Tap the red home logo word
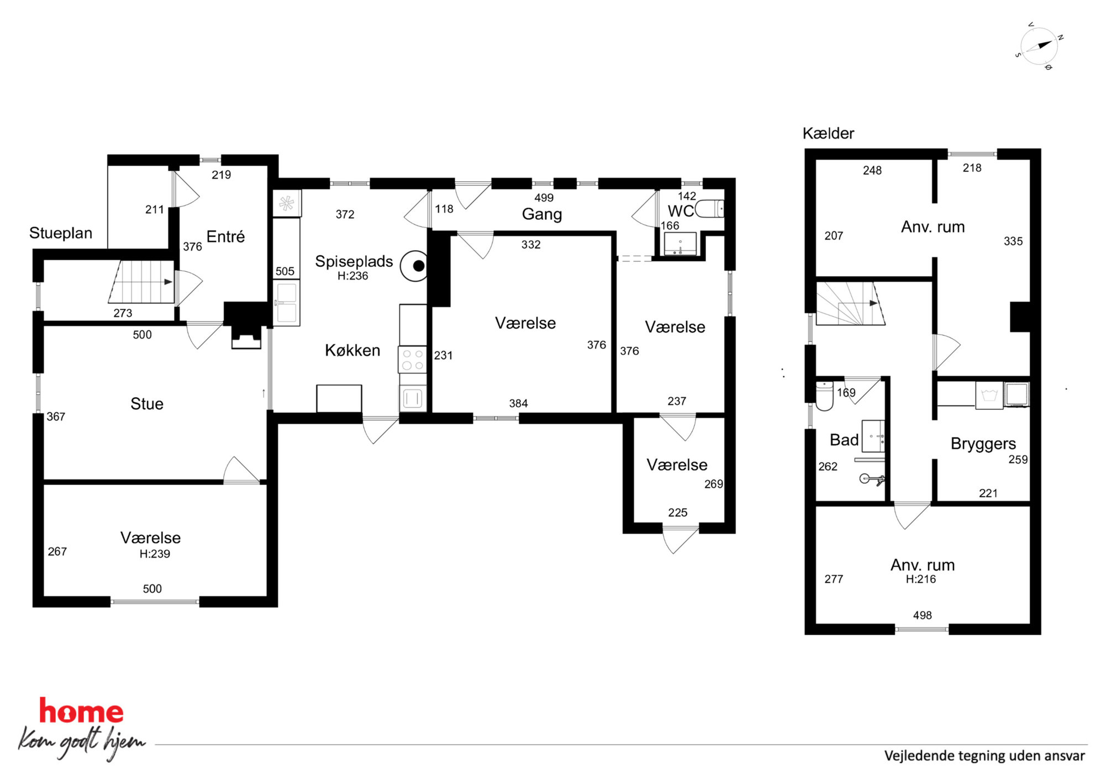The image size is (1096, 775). click(81, 711)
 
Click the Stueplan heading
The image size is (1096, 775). click(61, 233)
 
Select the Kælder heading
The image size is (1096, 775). click(828, 133)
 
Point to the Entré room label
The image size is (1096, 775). click(225, 236)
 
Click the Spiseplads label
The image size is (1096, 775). click(354, 261)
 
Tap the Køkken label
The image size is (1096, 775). click(352, 350)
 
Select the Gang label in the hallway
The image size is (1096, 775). click(542, 214)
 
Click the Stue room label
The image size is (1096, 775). click(147, 404)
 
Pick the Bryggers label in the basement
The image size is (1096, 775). click(983, 444)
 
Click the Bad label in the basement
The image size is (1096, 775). click(844, 440)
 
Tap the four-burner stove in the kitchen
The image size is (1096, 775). click(413, 359)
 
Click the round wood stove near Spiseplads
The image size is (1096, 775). click(415, 266)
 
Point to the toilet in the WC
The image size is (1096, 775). click(709, 209)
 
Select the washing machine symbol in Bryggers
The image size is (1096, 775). click(989, 396)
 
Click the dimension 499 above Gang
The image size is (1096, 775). click(544, 198)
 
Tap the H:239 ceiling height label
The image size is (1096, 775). click(155, 554)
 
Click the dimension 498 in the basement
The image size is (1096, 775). click(923, 615)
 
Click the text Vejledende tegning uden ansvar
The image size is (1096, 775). click(984, 756)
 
